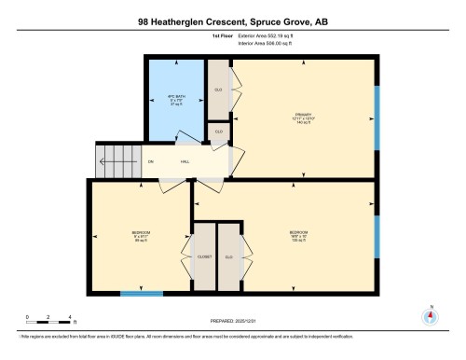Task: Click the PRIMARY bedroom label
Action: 302,116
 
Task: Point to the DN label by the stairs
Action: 151,162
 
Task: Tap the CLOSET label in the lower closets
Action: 204,256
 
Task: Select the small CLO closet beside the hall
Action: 219,132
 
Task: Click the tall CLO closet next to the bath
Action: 218,90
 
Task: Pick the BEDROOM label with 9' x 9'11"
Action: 141,231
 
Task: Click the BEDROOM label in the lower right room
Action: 299,231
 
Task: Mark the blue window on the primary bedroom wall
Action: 377,117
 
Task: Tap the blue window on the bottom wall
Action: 142,294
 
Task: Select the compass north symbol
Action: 430,315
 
